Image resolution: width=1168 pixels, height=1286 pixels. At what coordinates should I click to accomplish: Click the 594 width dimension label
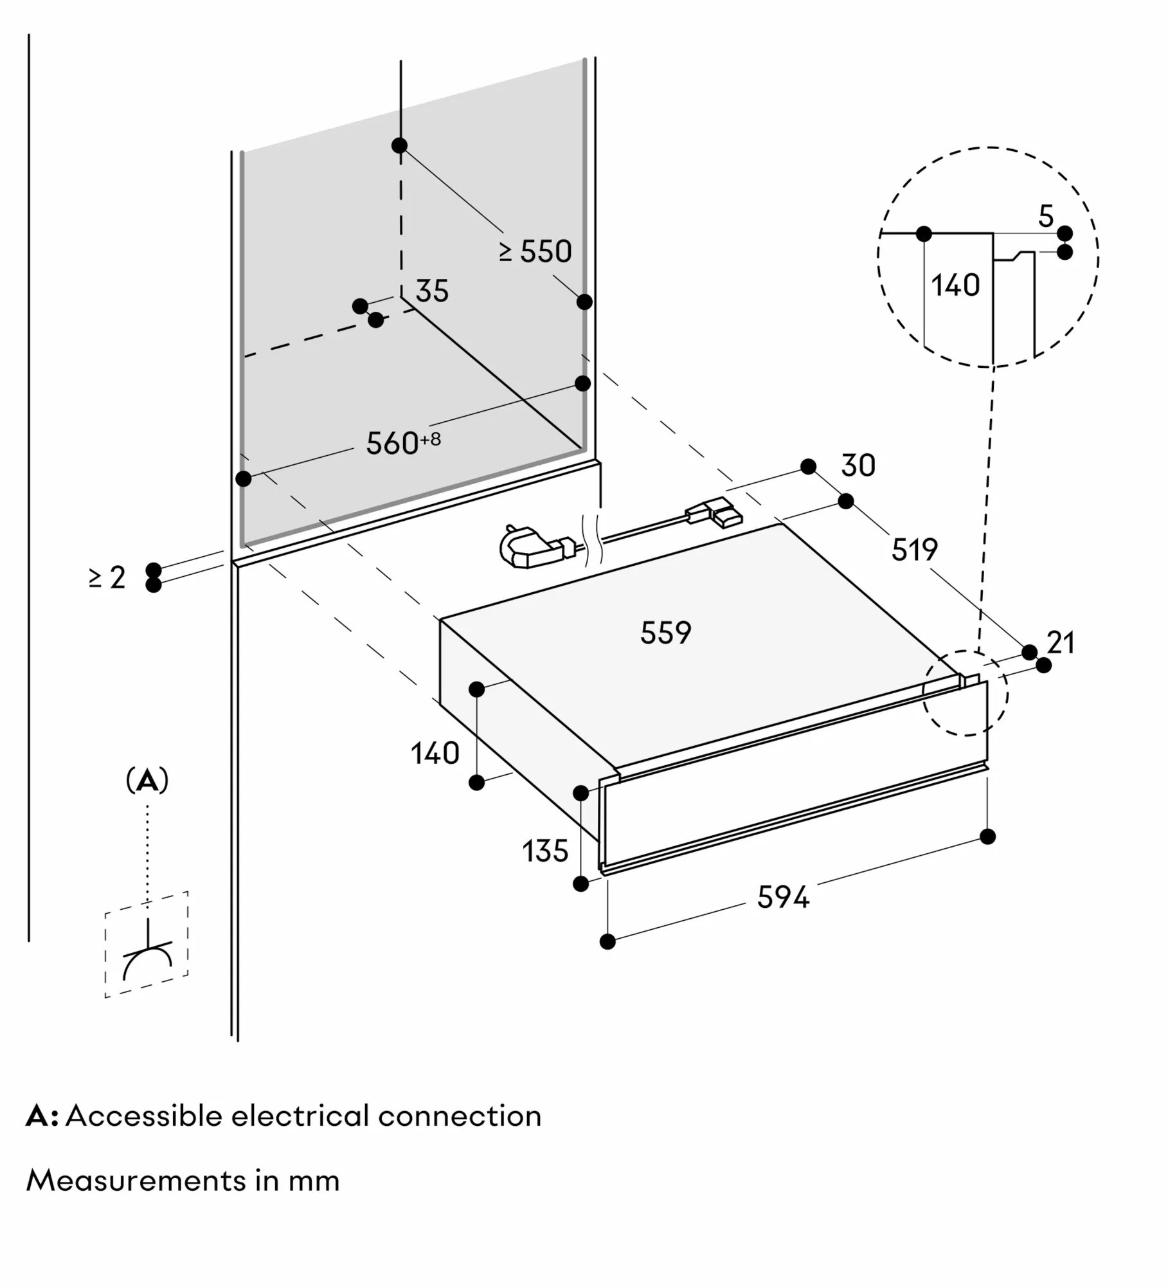782,898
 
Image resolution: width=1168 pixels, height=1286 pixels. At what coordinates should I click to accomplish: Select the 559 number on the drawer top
665,633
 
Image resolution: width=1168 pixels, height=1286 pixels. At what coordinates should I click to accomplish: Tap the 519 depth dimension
914,550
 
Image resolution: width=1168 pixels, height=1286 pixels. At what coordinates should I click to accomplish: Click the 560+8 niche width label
402,443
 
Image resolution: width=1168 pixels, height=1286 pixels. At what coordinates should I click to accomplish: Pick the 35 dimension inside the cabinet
431,291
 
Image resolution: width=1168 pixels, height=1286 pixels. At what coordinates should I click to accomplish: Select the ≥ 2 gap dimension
107,577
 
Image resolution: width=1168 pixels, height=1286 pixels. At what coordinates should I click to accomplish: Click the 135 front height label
544,851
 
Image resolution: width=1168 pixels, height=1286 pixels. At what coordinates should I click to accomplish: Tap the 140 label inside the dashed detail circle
955,285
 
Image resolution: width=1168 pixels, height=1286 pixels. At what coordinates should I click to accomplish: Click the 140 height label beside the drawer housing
435,753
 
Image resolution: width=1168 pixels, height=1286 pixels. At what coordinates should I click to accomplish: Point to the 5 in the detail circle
1046,217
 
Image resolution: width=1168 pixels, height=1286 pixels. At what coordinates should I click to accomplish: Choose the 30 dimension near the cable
858,466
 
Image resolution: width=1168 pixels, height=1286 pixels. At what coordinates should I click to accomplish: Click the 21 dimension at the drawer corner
1061,642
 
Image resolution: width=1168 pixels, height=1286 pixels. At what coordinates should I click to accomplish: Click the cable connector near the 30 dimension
715,513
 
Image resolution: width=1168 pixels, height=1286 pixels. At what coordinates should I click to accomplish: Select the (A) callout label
147,781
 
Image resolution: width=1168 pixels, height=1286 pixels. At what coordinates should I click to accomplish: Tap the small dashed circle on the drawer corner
965,693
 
